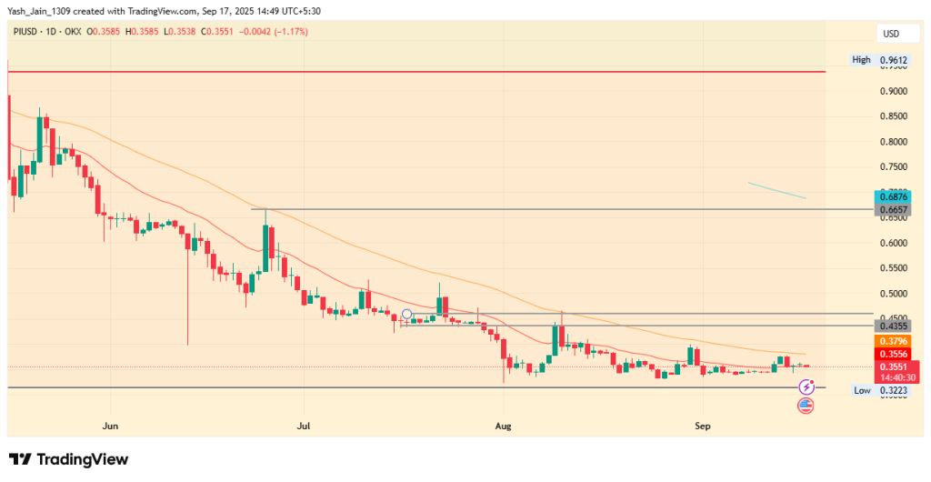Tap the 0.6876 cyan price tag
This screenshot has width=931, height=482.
tap(892, 196)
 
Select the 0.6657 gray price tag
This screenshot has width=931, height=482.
tap(892, 209)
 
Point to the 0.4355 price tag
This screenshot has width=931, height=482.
tap(892, 325)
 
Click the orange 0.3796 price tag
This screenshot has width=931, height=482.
tap(892, 341)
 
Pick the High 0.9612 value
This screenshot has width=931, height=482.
tap(892, 60)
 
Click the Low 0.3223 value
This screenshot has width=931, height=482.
tap(892, 390)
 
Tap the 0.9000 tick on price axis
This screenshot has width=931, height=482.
tap(892, 91)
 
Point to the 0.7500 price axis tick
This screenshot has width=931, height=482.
tap(892, 167)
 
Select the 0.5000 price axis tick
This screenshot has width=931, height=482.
tap(892, 294)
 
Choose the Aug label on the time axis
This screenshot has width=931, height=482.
tap(501, 425)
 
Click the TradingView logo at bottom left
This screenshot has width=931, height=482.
tap(69, 459)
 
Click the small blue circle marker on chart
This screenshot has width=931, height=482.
tap(406, 316)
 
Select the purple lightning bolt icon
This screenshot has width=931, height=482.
tap(806, 387)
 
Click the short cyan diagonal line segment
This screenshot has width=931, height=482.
tap(776, 190)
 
